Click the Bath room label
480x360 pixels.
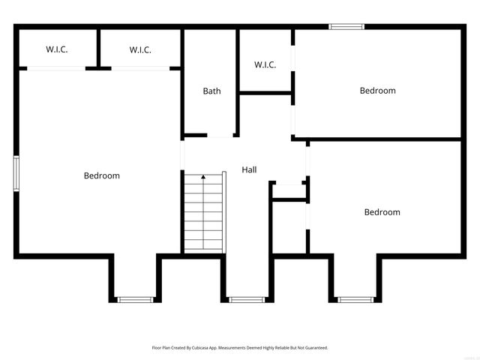(211, 91)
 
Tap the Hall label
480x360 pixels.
(249, 170)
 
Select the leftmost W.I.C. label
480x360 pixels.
(57, 50)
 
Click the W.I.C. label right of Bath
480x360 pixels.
(265, 65)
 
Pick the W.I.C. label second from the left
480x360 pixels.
(140, 50)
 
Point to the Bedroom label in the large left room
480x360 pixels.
(101, 176)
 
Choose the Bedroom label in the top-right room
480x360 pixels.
(377, 91)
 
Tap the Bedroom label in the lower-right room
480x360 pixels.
(382, 212)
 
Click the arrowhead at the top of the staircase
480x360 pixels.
(203, 177)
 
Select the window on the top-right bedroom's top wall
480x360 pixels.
(346, 27)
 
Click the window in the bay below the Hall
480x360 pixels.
(247, 299)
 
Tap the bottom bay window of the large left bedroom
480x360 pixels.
(135, 299)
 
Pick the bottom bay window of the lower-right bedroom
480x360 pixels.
(355, 299)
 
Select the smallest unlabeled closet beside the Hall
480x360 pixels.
(289, 190)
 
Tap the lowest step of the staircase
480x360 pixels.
(203, 247)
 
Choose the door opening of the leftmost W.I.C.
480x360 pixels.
(56, 68)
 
